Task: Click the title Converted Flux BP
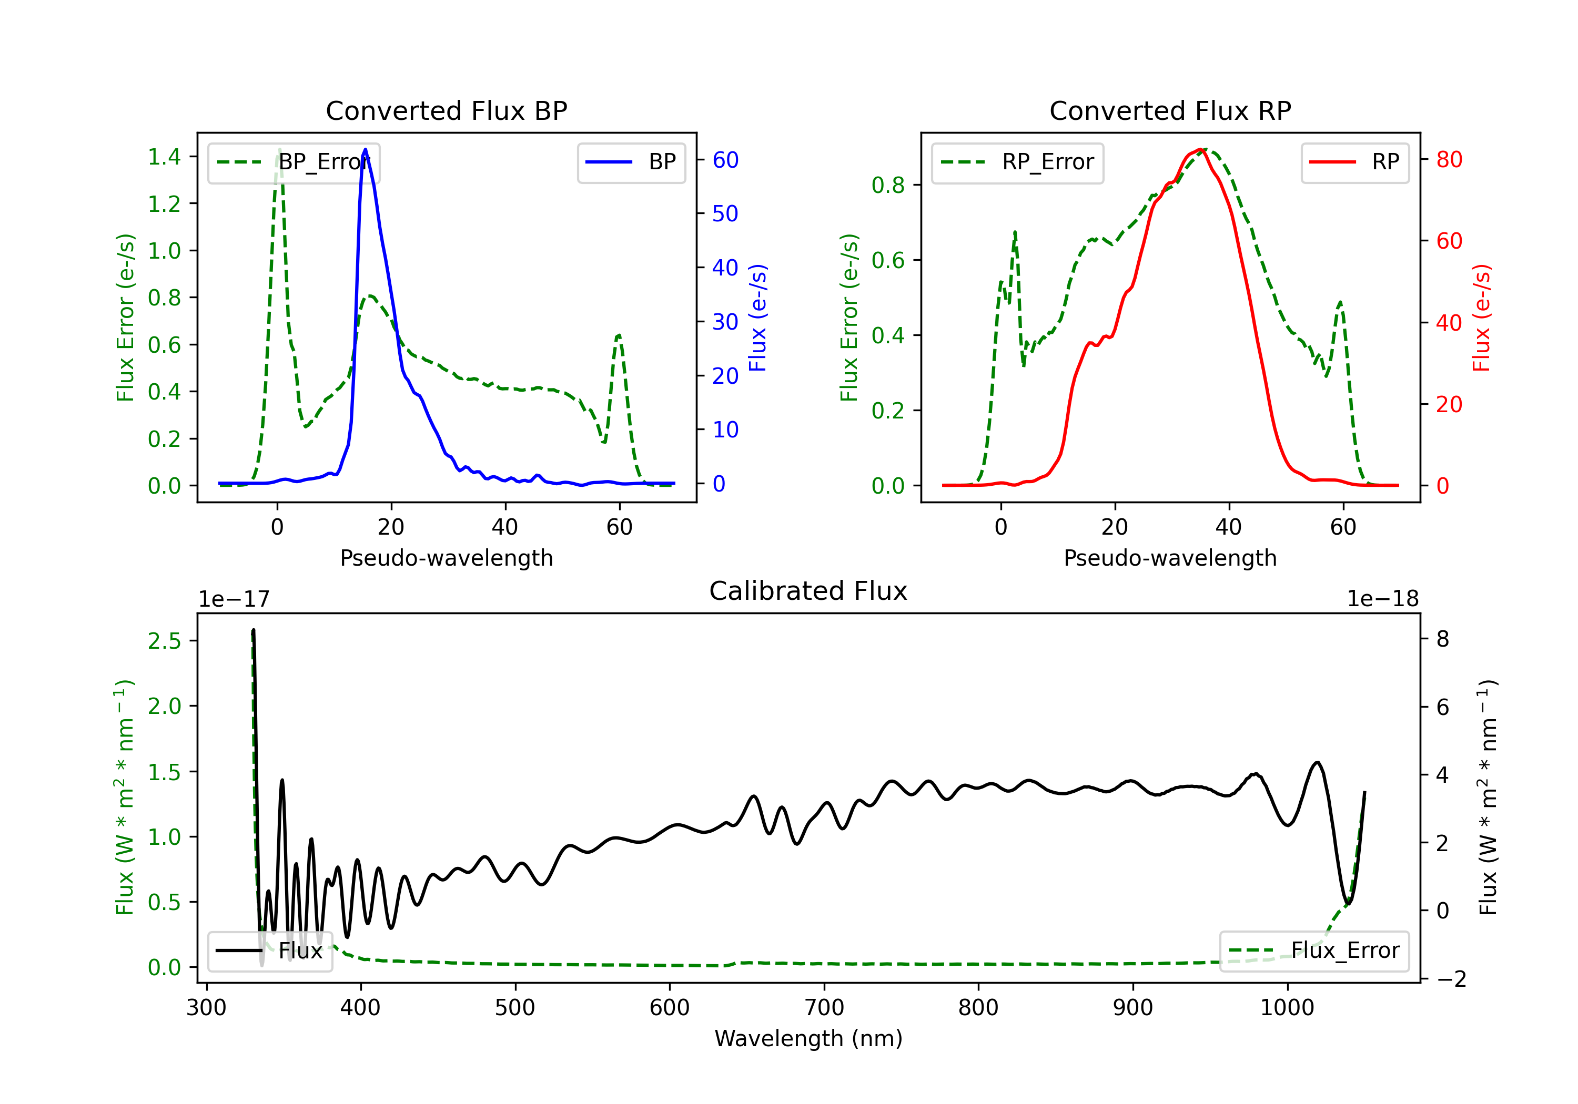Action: click(x=446, y=110)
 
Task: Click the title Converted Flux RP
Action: click(x=1170, y=110)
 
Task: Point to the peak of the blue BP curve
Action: click(x=365, y=149)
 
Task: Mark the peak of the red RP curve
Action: click(x=1199, y=149)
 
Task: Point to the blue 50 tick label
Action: click(x=725, y=213)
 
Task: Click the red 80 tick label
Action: click(x=1449, y=159)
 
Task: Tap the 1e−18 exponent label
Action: click(x=1382, y=599)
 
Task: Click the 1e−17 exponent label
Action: click(x=235, y=599)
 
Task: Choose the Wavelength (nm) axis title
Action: click(x=808, y=1038)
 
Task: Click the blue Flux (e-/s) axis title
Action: click(x=757, y=318)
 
